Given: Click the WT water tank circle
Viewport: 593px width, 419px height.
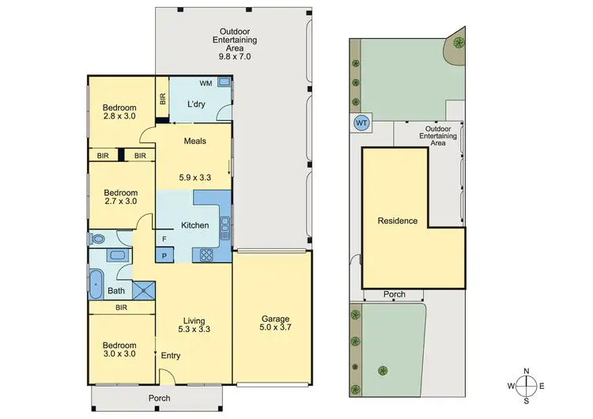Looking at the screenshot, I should [x=361, y=123].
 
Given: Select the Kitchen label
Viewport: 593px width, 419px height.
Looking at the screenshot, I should [x=195, y=225].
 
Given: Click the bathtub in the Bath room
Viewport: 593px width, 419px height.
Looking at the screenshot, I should [x=96, y=285].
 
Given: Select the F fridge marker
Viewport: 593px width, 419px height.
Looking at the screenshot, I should [x=164, y=239].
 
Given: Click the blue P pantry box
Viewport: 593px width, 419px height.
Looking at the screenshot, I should [x=164, y=255].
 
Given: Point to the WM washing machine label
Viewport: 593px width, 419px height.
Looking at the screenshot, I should [x=205, y=83].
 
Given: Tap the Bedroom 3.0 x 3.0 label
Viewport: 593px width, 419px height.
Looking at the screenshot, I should [x=119, y=350].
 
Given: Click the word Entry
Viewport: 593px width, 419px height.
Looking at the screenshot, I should [x=171, y=356].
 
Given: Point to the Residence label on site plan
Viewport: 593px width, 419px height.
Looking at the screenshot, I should [x=397, y=221].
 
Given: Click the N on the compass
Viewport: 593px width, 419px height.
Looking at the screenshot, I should [x=526, y=369].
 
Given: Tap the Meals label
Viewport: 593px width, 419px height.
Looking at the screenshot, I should [x=195, y=142].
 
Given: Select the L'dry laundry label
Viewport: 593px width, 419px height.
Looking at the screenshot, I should [x=197, y=104].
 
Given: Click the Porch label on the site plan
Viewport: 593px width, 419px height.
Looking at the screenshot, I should [x=394, y=294].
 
